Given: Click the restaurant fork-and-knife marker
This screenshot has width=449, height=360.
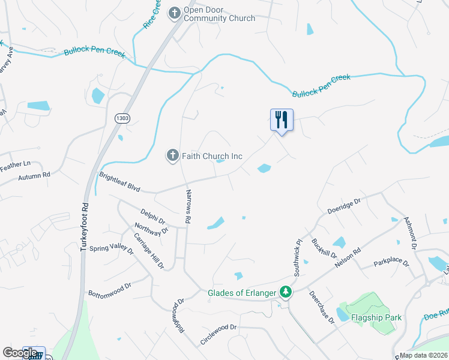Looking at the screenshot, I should (282, 120).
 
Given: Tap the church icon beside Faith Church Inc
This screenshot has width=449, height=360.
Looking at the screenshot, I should (172, 156).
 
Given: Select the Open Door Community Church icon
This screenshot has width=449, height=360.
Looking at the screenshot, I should (175, 13).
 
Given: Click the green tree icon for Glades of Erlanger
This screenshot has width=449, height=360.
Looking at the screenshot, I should (286, 293).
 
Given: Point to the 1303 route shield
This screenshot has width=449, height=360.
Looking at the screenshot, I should (122, 118).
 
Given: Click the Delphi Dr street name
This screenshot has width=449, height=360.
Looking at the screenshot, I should (152, 214).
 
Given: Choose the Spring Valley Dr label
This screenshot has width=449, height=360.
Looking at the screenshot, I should (111, 248).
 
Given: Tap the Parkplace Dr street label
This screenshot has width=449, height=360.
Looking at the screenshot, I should (391, 263).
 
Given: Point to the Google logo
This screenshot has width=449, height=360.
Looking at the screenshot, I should (19, 353).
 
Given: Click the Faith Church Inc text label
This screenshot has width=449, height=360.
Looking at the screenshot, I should (213, 157).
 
